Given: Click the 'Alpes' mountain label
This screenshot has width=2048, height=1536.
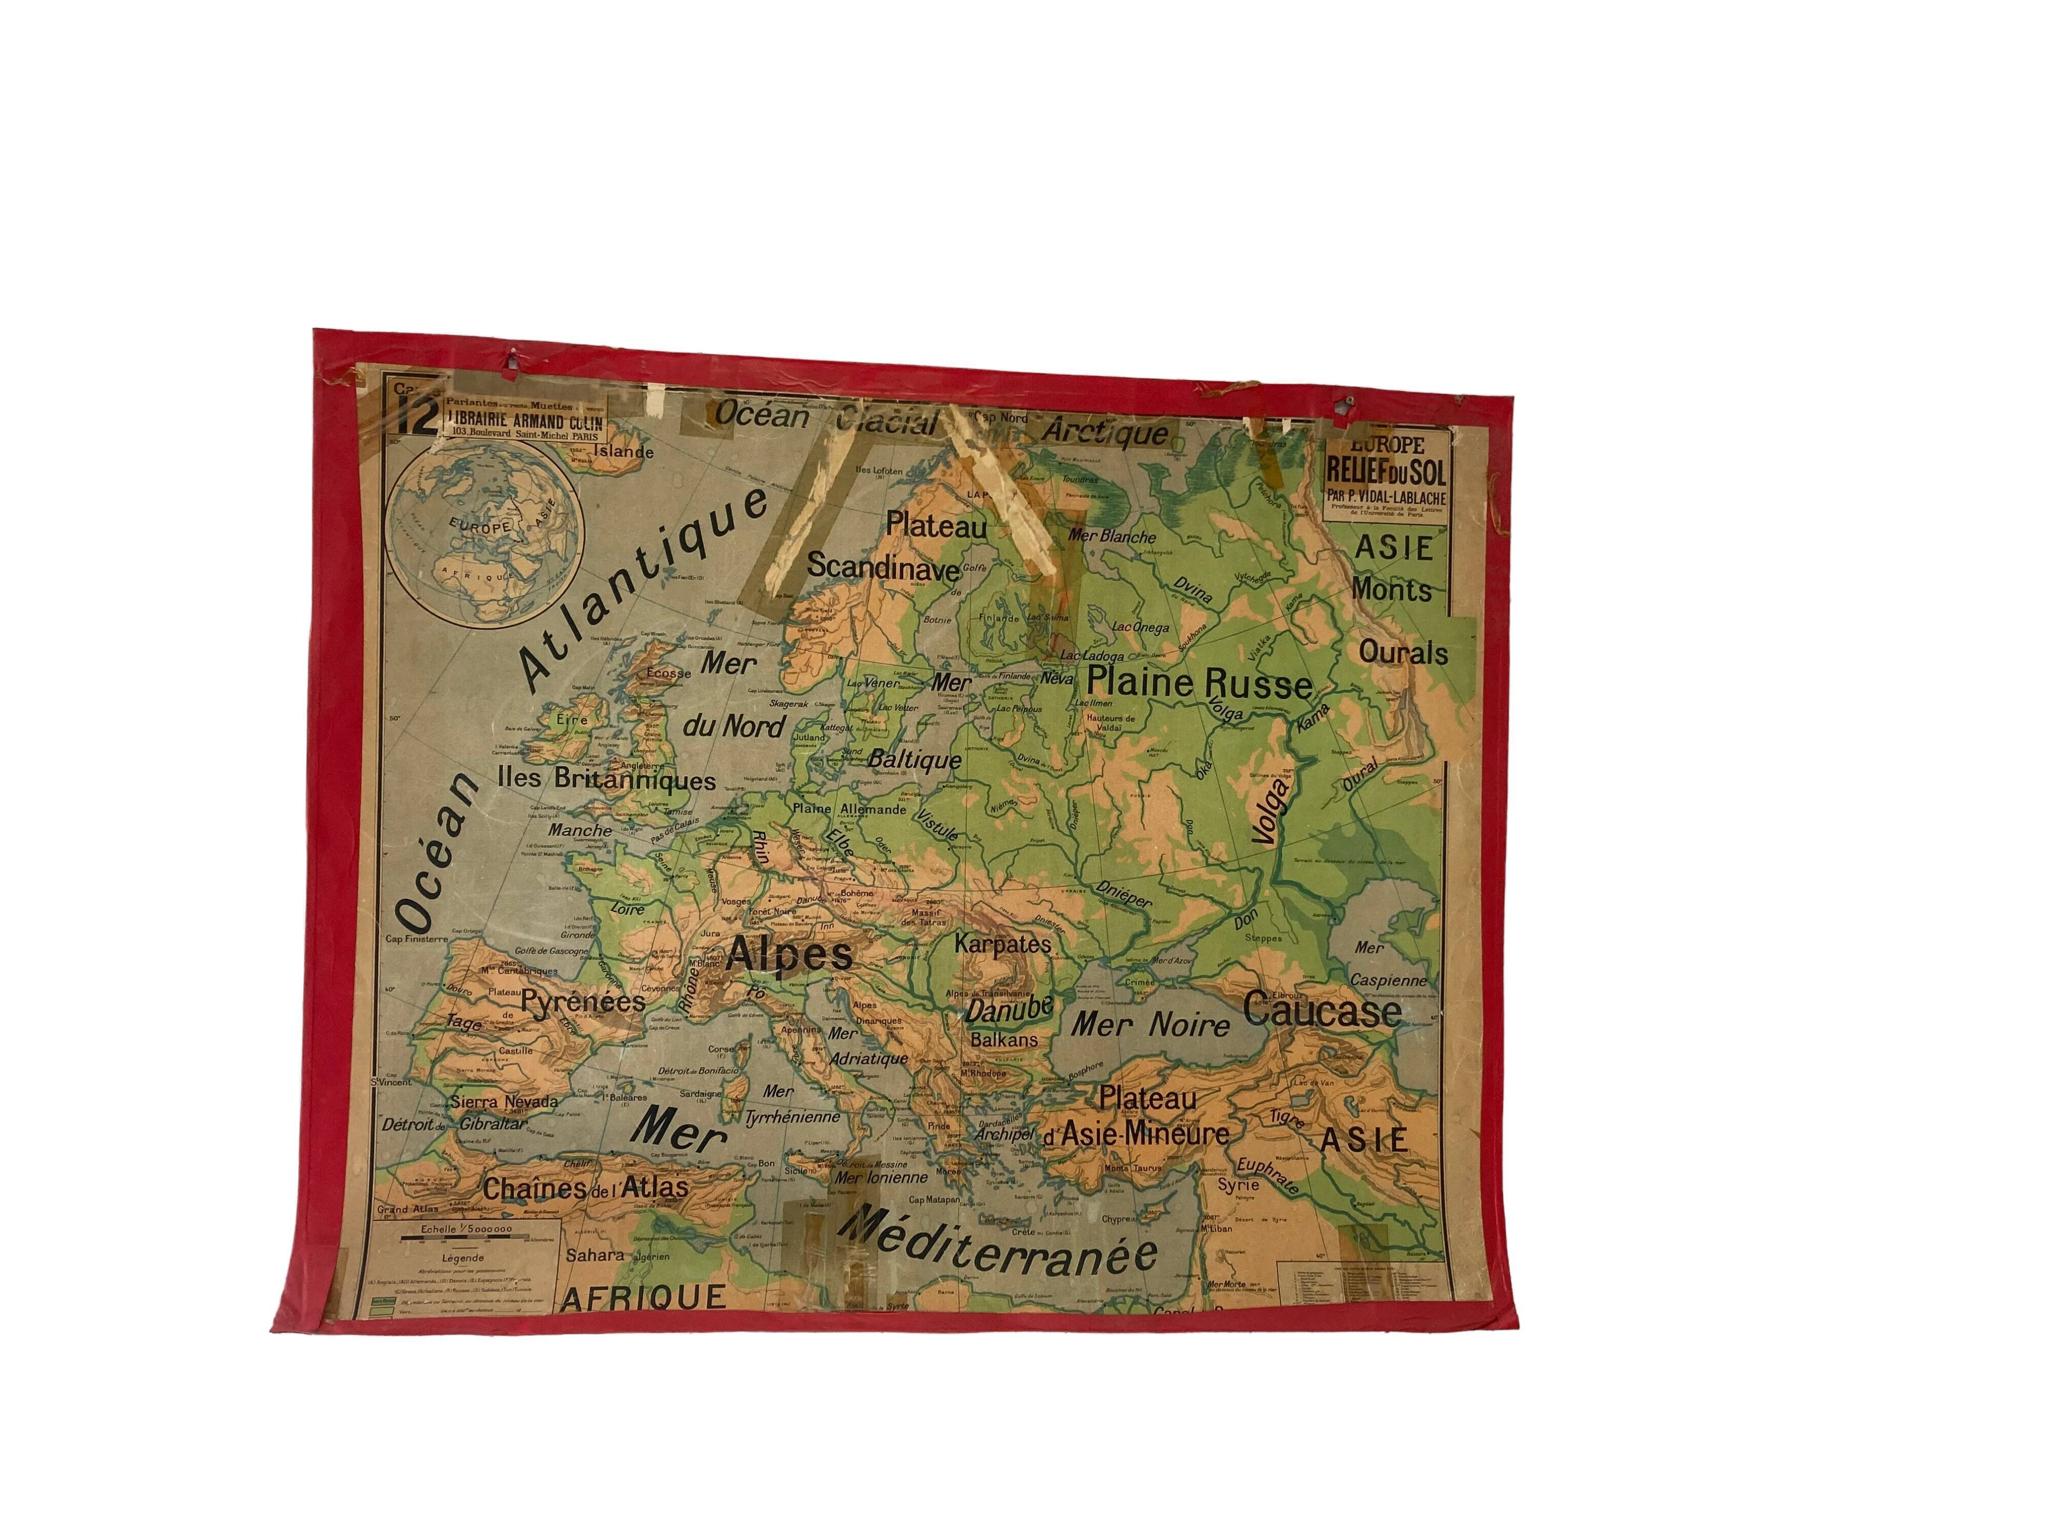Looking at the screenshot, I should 789,955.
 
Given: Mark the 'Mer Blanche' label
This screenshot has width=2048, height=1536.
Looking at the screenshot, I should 1112,536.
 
